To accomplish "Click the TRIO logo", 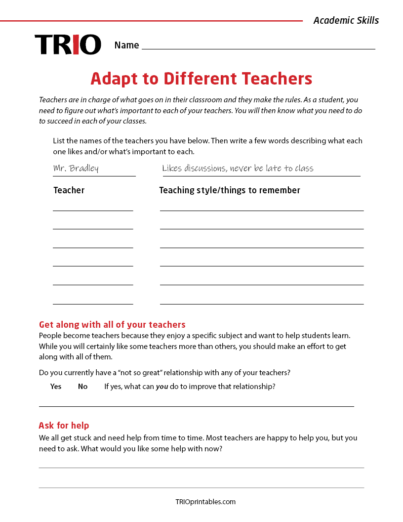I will (68, 44).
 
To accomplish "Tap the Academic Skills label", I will (346, 20).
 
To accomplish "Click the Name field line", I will (258, 48).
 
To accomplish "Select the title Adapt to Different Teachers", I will (201, 79).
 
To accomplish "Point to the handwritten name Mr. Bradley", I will (76, 169).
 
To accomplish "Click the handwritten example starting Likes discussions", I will (238, 169).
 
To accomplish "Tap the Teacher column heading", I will (69, 190).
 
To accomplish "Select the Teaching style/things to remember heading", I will (230, 190).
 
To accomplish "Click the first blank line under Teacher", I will (93, 210).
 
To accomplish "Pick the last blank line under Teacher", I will (93, 304).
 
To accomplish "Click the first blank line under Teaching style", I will (262, 210).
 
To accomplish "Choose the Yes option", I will (56, 387).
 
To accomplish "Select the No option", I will (82, 387).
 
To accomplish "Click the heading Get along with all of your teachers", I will (112, 325).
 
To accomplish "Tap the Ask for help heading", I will (64, 426).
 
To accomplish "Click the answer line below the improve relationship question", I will (197, 406).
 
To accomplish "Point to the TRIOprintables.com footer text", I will (205, 502).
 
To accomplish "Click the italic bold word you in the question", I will (162, 387).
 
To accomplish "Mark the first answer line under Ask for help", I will (201, 467).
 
